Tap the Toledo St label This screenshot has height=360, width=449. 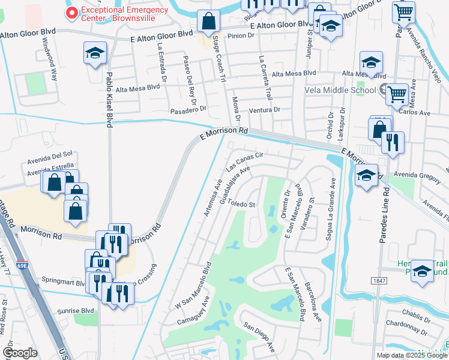242,204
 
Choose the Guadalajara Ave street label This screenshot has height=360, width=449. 234,186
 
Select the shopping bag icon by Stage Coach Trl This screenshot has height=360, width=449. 209,22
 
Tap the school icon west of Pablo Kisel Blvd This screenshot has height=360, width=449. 95,53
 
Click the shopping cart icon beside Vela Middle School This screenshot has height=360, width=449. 397,94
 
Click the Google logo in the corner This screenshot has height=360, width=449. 20,353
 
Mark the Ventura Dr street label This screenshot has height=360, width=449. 265,110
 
